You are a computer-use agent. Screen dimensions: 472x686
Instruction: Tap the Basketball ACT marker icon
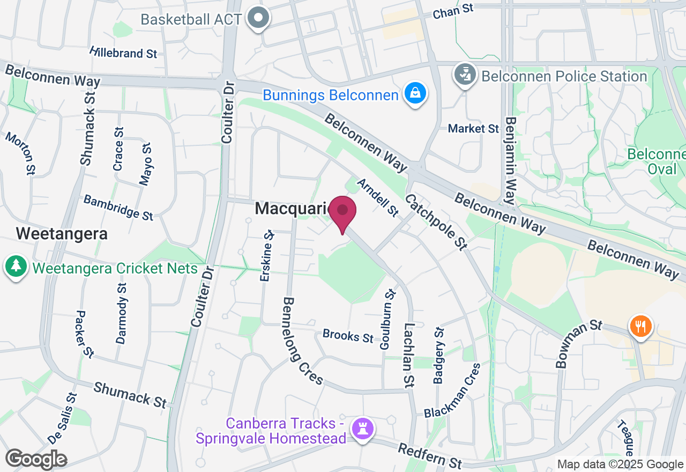point(259,18)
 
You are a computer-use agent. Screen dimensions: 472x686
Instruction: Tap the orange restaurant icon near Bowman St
point(640,326)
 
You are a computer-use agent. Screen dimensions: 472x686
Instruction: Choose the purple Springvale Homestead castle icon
point(363,428)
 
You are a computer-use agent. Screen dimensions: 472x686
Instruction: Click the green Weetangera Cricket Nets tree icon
point(16,265)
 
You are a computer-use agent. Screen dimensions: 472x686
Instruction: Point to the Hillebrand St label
point(124,53)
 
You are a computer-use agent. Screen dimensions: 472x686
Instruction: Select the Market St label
point(474,129)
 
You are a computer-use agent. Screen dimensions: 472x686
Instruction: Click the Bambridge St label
point(118,207)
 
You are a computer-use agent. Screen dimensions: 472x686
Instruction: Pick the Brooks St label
point(348,336)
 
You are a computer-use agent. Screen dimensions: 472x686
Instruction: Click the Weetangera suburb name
point(62,234)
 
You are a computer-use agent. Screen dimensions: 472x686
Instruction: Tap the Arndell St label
point(378,198)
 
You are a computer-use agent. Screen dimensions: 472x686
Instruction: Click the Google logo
point(36,459)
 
